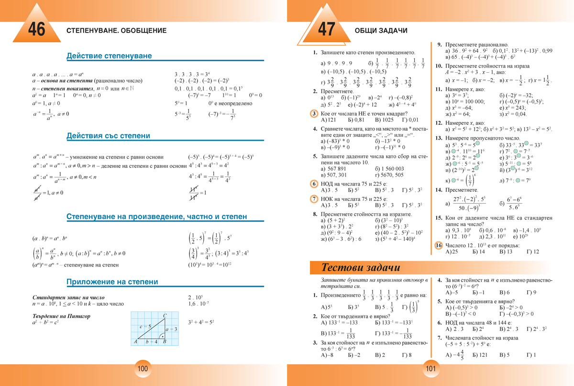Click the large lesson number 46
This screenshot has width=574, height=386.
coord(36,30)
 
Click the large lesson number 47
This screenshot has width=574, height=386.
coord(326,30)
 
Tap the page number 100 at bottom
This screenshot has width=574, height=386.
coord(143,368)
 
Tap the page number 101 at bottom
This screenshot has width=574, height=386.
coord(430,368)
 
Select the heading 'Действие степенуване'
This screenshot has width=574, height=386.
coord(109,56)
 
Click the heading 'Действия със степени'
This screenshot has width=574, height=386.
coord(108,136)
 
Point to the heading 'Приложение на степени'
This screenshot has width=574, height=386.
coord(112,282)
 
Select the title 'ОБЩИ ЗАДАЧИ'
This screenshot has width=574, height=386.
coord(381,31)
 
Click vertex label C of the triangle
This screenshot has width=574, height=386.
coord(165,316)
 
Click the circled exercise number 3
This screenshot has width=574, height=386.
coord(314,113)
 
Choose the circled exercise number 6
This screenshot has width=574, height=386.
coord(314,184)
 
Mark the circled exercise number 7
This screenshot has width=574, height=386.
coord(314,199)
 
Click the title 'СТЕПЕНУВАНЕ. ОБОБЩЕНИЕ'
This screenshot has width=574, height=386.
coord(117,31)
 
